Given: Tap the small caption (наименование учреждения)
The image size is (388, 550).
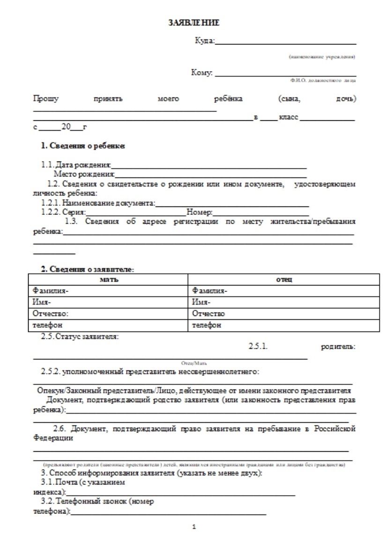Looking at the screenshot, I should (x=322, y=57).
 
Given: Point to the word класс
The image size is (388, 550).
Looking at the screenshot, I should (x=288, y=117).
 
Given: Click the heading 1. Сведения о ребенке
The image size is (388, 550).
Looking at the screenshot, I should (x=82, y=146).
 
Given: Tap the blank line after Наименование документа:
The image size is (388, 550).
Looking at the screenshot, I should (x=232, y=205).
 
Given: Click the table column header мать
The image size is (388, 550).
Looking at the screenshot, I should (x=109, y=279).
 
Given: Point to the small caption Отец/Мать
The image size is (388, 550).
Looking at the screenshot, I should (x=194, y=363).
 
